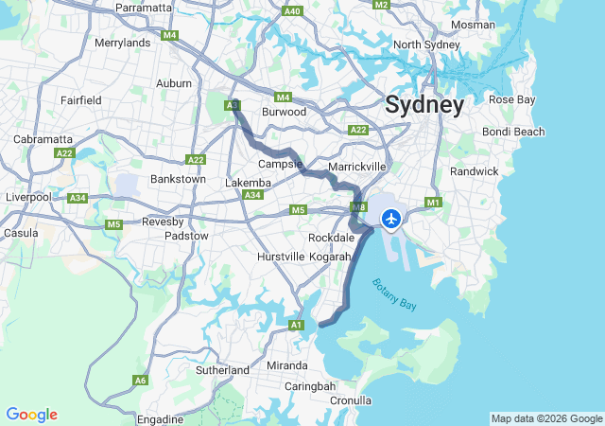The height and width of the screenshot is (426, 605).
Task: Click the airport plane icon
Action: point(390,220)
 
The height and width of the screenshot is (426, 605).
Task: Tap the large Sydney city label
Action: point(424,105)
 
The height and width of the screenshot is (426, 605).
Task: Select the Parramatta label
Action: point(144,8)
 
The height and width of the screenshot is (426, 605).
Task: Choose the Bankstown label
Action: point(178,178)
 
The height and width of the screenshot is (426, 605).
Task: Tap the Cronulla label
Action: point(351,400)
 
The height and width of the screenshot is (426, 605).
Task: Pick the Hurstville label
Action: point(281,257)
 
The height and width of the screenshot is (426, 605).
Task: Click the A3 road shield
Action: point(233,106)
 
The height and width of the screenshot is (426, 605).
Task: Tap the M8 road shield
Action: point(358,206)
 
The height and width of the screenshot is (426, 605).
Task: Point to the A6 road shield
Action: point(140,381)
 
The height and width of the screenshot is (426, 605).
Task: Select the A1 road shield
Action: point(297,326)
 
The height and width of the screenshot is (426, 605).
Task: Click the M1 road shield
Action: point(434,202)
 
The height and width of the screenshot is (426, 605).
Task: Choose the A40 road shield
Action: point(292,11)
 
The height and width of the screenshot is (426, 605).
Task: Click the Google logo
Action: point(31,415)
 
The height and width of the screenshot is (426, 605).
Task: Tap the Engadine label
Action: point(161,418)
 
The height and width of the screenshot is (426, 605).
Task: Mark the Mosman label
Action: point(473,25)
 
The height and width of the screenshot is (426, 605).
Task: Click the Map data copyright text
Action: point(546,418)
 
